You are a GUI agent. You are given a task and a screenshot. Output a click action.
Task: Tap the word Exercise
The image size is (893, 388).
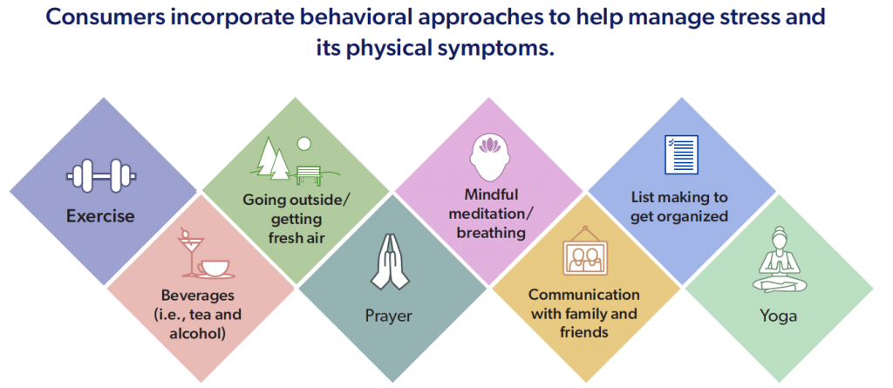click(x=100, y=216)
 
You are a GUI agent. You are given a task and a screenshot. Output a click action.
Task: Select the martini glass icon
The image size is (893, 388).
click(x=187, y=252)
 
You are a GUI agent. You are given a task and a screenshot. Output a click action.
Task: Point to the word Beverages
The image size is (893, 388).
click(x=197, y=296)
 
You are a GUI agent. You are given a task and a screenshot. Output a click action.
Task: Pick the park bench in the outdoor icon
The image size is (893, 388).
click(x=308, y=175)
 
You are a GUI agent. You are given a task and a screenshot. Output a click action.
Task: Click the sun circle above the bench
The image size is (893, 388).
click(x=304, y=144)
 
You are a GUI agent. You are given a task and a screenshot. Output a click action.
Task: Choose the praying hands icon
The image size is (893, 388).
click(x=389, y=262)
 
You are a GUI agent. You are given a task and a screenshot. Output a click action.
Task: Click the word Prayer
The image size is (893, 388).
click(x=389, y=316)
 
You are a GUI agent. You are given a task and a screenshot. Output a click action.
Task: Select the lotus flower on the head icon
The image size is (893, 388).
click(x=489, y=146)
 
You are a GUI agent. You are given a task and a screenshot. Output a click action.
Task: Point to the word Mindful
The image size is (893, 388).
click(x=491, y=194)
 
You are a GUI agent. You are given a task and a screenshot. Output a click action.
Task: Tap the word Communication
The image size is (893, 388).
click(x=583, y=295)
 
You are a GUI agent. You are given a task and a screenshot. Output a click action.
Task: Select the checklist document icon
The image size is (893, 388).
click(x=681, y=154)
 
